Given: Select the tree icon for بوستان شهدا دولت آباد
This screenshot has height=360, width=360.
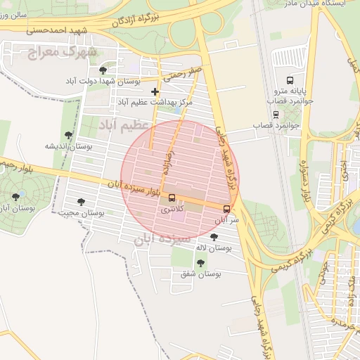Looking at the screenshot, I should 103,70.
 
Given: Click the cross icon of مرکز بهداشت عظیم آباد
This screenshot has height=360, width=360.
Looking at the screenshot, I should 155,91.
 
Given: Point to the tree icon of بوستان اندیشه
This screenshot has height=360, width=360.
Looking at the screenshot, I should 68,134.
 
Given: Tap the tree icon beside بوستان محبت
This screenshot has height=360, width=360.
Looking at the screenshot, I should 80,202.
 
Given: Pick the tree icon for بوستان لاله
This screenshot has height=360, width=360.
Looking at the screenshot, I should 214,237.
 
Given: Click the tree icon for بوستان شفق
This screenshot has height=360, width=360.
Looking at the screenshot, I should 200,263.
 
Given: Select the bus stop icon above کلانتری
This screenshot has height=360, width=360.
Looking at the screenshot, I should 172,198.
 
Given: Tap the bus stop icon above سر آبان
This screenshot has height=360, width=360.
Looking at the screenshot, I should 226,209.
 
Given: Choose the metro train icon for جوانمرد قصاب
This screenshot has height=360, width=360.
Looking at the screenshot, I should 276,114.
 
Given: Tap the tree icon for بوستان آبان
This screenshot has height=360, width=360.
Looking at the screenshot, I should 15,197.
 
